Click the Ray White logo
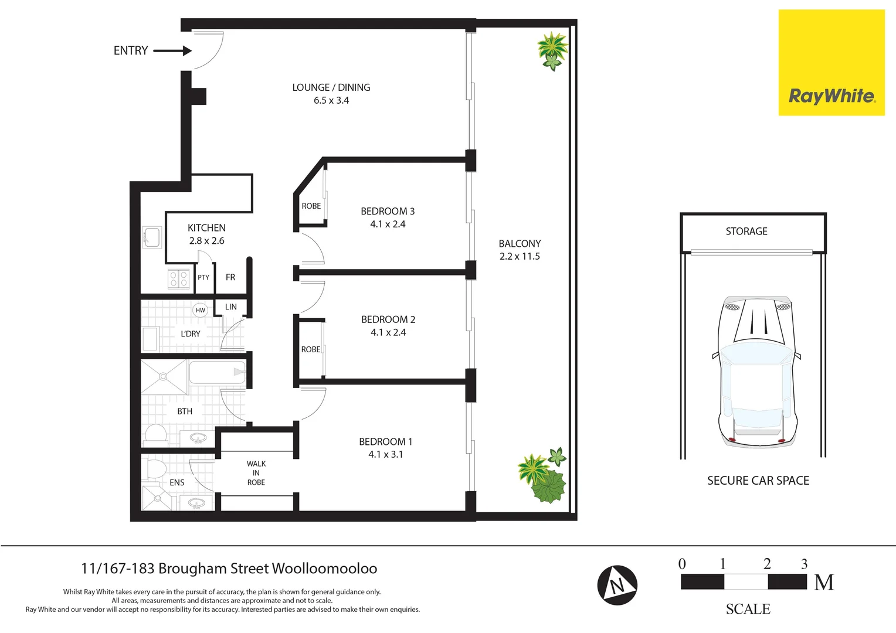pos(831,63)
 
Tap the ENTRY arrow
pos(173,51)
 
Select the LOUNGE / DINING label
pos(331,87)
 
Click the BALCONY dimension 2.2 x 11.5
pos(520,257)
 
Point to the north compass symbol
pos(617,585)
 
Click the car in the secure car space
pos(756,372)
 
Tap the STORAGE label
pos(746,232)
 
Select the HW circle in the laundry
pos(201,311)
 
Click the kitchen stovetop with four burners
pos(179,279)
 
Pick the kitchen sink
pos(152,238)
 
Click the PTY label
pos(203,278)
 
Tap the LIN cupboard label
pos(231,307)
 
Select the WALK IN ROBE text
pos(256,473)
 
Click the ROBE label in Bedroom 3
pos(311,206)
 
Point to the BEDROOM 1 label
pos(385,442)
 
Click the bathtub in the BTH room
pos(216,372)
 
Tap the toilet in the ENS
pos(156,469)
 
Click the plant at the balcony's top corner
pos(552,50)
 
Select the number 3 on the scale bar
pos(804,564)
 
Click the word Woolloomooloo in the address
pos(324,569)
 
